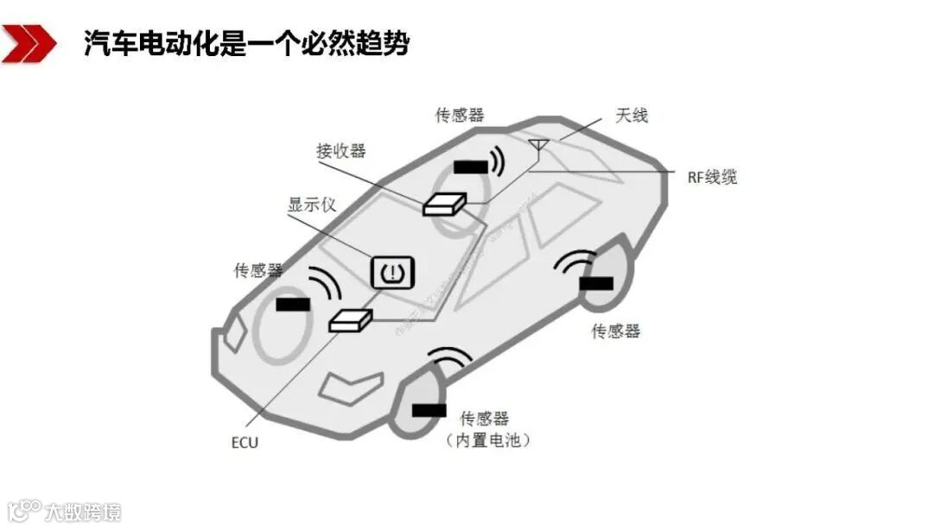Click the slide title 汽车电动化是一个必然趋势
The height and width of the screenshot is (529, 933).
pos(246,42)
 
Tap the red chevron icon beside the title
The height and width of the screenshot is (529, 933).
pos(28,43)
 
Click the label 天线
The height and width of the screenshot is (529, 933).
pos(632,116)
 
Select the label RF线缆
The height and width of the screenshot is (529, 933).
pos(712,178)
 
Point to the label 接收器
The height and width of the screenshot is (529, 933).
pos(341,151)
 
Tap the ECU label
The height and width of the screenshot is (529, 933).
pos(244,443)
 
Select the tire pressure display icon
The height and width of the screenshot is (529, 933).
pos(394,272)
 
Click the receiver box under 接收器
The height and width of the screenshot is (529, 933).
pos(444,204)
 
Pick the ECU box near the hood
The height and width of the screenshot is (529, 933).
pos(351,320)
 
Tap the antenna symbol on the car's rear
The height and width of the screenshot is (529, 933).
pos(538,148)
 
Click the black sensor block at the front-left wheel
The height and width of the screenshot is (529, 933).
pos(293,304)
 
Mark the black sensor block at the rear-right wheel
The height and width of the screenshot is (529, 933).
pos(596,283)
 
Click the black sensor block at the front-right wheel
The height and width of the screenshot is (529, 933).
pos(429,409)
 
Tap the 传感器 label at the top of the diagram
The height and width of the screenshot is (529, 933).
pos(460,116)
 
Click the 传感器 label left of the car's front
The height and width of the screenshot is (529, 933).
pos(258,271)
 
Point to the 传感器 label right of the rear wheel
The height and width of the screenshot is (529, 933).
pos(616,331)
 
